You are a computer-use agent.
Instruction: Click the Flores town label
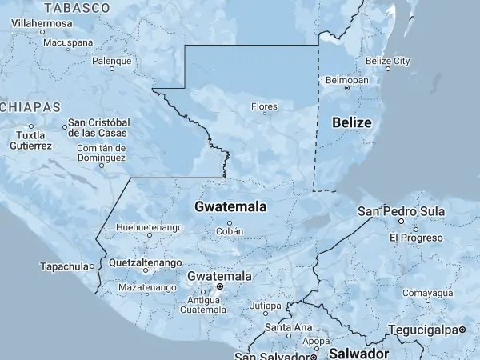[x=264, y=106]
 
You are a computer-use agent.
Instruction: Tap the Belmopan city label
[x=346, y=80]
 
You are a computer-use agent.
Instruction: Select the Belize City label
[x=387, y=61]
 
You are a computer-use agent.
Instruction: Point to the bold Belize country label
[x=352, y=122]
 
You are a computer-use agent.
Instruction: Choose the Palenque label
[x=111, y=61]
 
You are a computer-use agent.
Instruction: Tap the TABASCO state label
[x=77, y=8]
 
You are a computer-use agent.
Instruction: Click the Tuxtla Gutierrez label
[x=31, y=141]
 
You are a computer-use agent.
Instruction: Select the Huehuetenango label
[x=149, y=228]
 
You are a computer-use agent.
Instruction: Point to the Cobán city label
[x=229, y=231]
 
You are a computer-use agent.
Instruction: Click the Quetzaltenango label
[x=145, y=262]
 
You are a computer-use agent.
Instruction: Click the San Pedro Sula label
[x=400, y=211]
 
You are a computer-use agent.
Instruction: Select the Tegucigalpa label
[x=424, y=330]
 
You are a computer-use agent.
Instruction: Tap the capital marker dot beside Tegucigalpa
[x=463, y=330]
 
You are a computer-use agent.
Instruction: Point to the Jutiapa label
[x=266, y=306]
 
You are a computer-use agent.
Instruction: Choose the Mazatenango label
[x=147, y=287]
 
